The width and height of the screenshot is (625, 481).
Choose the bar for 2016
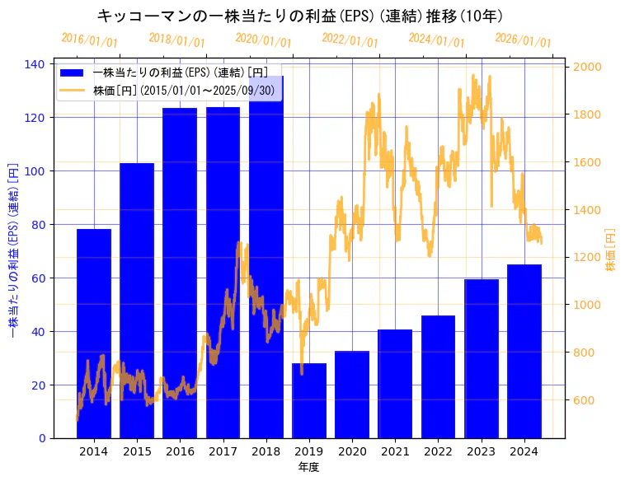[x=180, y=273]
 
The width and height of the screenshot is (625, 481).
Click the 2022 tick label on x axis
[x=438, y=451]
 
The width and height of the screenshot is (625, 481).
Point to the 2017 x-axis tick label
[x=223, y=451]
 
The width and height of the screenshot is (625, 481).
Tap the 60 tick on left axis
[x=39, y=278]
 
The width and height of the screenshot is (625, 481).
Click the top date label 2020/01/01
[x=263, y=40]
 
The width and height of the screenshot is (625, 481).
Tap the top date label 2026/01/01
[x=523, y=40]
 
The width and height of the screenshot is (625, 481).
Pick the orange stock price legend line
[x=72, y=90]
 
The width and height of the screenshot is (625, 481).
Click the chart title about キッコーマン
[x=300, y=16]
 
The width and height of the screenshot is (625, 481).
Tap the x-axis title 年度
[x=308, y=467]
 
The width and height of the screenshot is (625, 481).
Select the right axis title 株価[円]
[x=611, y=250]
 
